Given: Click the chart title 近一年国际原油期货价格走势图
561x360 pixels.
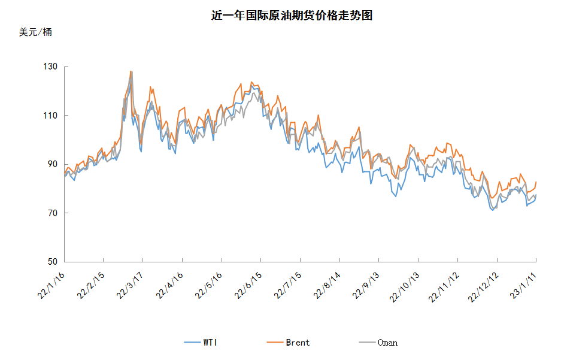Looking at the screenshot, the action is (292, 16).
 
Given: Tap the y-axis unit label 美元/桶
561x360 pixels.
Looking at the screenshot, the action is (35, 32).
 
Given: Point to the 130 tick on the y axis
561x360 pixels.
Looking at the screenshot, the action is (50, 66).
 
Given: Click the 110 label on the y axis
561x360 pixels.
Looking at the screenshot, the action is (50, 116).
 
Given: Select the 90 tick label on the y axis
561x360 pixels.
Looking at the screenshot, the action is (53, 164).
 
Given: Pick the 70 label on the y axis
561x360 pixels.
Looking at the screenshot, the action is (53, 213).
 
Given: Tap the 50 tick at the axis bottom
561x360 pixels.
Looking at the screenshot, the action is (53, 262).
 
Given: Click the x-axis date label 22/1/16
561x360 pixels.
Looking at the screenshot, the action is (51, 285).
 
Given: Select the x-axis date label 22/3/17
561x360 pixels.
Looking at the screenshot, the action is (130, 285).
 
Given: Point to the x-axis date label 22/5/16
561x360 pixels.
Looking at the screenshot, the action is (208, 285).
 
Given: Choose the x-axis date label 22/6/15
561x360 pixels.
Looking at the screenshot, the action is (248, 285).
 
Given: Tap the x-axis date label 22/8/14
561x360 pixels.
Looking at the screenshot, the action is (327, 285).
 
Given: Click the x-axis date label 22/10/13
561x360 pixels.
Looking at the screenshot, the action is (404, 287).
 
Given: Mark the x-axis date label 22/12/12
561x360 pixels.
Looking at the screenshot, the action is (483, 287).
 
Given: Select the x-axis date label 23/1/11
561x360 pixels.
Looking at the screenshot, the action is (523, 285).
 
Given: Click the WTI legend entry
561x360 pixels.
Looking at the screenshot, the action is (201, 343).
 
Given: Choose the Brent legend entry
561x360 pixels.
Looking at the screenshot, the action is (289, 343).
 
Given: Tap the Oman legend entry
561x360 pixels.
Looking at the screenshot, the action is (378, 343).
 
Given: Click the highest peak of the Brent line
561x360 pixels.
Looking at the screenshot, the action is (131, 71).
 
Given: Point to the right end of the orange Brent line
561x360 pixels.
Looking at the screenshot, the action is (536, 181).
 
